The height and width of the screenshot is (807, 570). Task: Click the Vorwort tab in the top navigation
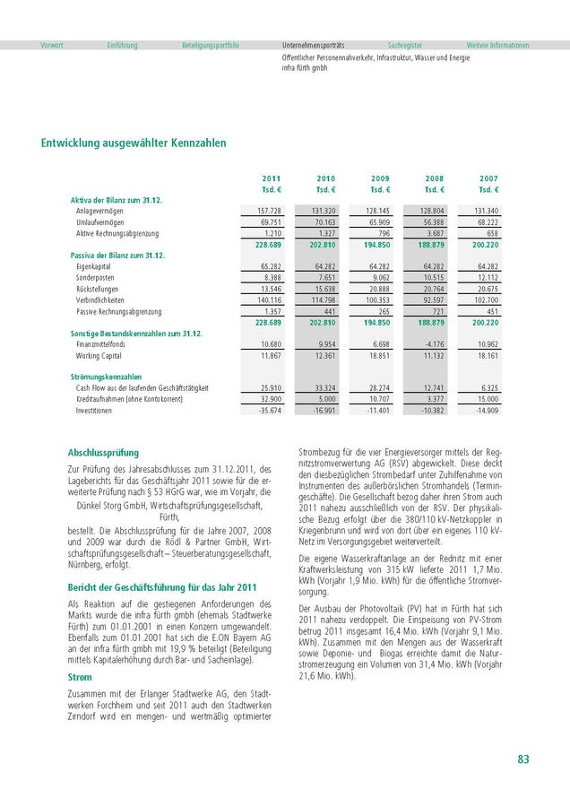(x=51, y=45)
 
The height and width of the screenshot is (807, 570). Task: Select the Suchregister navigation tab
(x=405, y=45)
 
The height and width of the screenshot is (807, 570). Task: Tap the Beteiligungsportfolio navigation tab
(x=210, y=45)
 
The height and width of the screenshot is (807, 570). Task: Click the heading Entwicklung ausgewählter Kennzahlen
(x=134, y=143)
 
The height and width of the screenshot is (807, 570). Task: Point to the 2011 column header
(x=271, y=179)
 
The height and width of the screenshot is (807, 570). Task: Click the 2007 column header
(x=488, y=179)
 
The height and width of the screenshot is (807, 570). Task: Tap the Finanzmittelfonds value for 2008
(x=431, y=344)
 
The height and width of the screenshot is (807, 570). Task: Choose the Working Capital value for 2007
(x=484, y=356)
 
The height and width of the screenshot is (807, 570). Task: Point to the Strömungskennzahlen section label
(x=107, y=377)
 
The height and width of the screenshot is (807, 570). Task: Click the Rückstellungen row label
(x=99, y=289)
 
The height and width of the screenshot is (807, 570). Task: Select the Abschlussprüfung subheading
(x=103, y=453)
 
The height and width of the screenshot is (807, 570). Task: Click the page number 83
(x=523, y=759)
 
